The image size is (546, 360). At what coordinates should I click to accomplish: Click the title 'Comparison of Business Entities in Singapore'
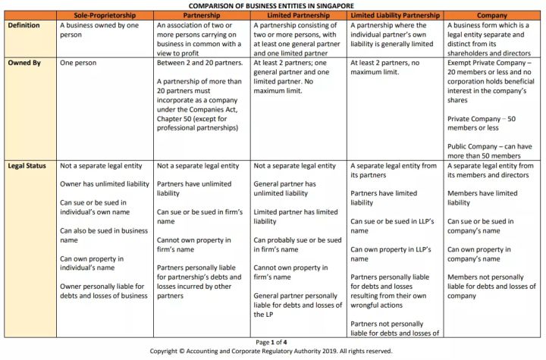[273, 5]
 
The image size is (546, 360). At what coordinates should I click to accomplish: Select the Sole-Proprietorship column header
[105, 15]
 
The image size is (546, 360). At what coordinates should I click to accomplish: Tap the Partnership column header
[202, 15]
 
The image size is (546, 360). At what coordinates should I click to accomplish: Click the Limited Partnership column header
[299, 15]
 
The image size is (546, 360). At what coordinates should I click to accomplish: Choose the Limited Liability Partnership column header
[394, 15]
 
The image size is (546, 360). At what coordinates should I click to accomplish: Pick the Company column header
[493, 15]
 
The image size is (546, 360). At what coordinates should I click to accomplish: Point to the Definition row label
[24, 25]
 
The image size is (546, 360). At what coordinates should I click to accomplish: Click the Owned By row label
[24, 63]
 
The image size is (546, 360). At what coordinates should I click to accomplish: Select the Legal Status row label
[27, 165]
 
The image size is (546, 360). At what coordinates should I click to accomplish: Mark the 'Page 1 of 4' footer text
[272, 342]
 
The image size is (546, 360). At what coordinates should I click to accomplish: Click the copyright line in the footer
[272, 351]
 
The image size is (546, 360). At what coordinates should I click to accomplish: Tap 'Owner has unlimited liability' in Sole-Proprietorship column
[103, 183]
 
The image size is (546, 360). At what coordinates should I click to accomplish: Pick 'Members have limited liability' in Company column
[482, 197]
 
